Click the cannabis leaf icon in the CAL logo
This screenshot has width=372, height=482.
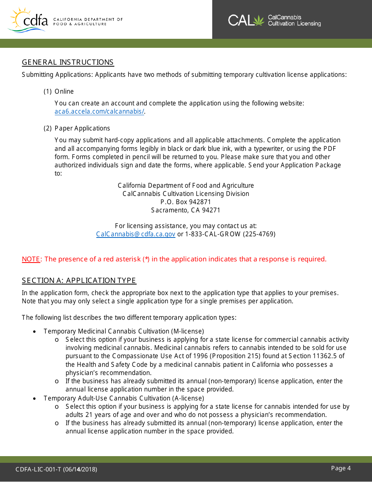[259, 20]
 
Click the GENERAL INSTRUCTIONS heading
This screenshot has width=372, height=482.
[68, 62]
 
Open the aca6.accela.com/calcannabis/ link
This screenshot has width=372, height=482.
[99, 112]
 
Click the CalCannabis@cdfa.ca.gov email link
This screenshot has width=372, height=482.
[136, 234]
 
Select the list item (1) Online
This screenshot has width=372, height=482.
[59, 91]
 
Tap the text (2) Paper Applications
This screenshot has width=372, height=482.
[77, 128]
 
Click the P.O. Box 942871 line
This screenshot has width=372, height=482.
[186, 202]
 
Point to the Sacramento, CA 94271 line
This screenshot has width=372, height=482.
[186, 210]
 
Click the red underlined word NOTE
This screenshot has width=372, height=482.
[31, 259]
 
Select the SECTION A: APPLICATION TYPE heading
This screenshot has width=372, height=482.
[79, 281]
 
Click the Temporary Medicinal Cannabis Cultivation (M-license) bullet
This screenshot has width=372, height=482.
[124, 332]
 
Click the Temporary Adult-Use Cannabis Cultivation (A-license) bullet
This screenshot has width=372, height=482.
[124, 398]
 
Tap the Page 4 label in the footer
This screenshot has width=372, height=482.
[341, 468]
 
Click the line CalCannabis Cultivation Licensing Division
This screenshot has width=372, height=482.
[186, 194]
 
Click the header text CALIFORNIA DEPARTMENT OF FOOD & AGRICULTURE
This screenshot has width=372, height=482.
[88, 21]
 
